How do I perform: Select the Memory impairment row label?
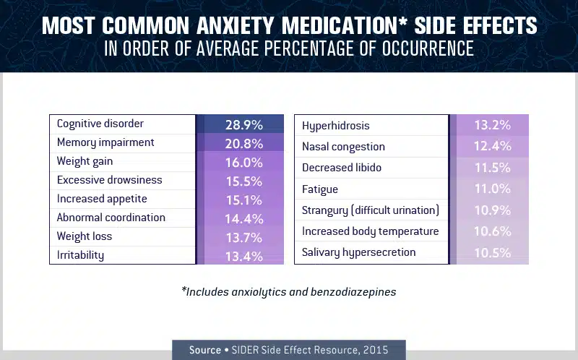pos(105,142)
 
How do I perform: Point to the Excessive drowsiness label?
pos(110,180)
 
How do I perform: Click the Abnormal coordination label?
pos(111,218)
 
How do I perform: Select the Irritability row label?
pos(81,255)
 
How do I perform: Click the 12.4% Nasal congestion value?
pos(492,147)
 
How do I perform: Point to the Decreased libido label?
pos(342,168)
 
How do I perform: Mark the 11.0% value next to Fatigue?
pos(492,189)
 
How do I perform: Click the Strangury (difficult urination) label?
pos(371,210)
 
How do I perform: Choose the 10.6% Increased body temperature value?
pos(492,231)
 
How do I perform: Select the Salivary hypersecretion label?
pos(359,252)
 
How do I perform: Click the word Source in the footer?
pos(205,350)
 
